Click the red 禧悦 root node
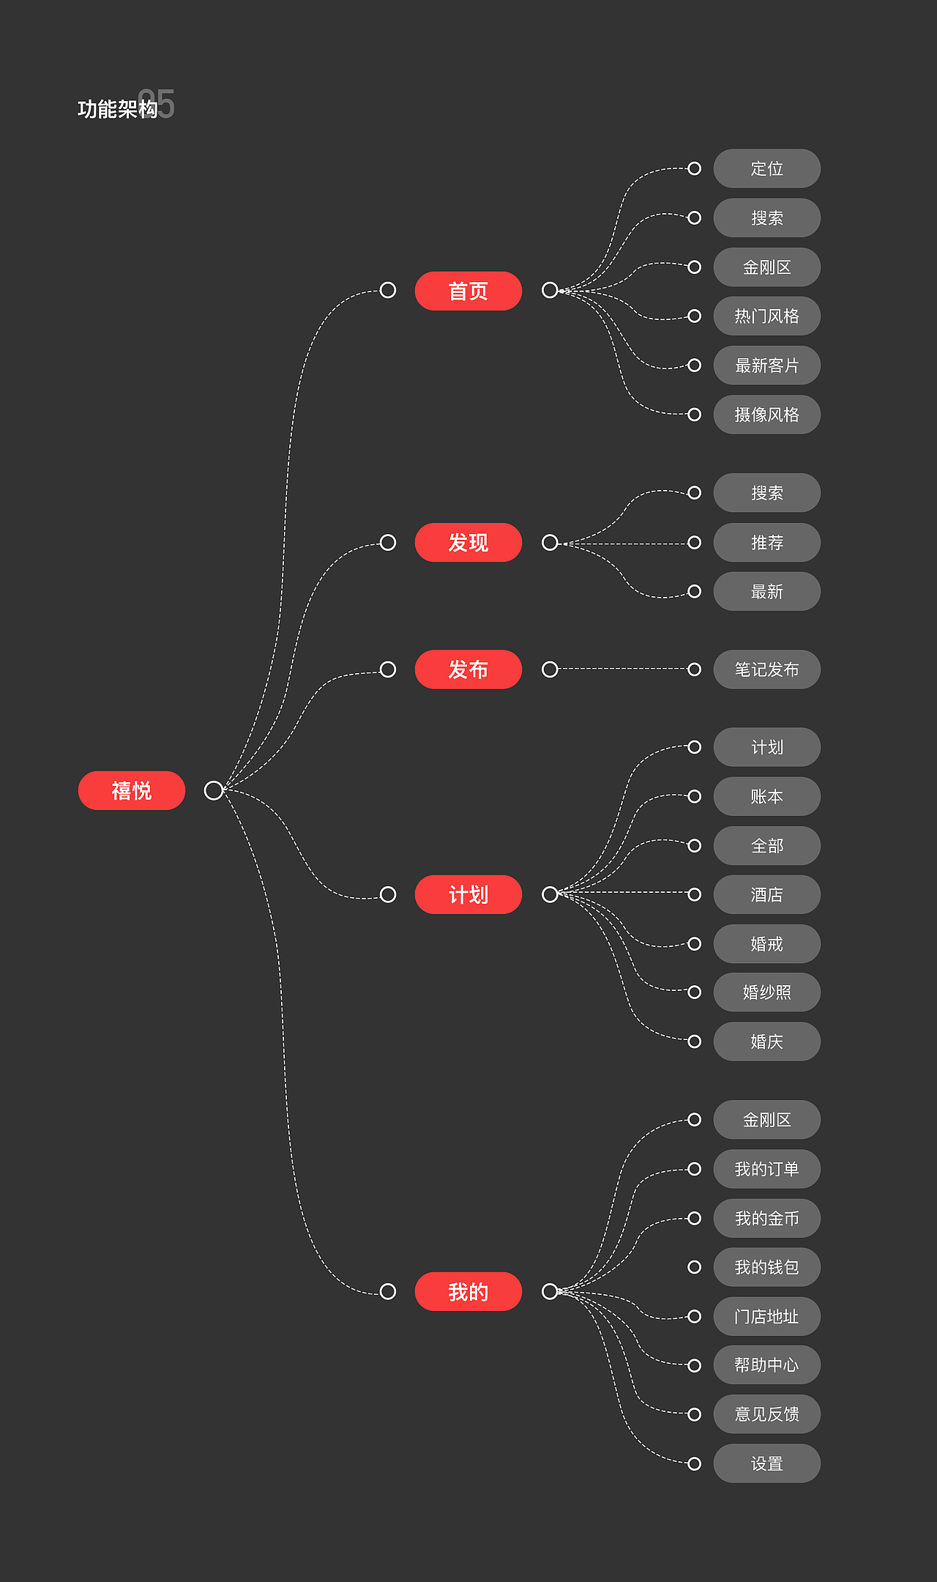132,790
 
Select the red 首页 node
468,291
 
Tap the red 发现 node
468,543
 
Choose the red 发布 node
468,669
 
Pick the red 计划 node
468,894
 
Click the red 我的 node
468,1291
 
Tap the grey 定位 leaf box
766,168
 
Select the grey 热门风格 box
766,316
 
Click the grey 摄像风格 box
766,415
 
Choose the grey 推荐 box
766,543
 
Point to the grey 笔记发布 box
766,669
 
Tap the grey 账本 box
766,796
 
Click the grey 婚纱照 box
766,992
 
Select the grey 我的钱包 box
766,1267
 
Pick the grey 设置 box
766,1463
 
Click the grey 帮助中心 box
766,1365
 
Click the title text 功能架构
117,109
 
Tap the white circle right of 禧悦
214,790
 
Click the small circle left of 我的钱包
695,1267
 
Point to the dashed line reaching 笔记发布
622,669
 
